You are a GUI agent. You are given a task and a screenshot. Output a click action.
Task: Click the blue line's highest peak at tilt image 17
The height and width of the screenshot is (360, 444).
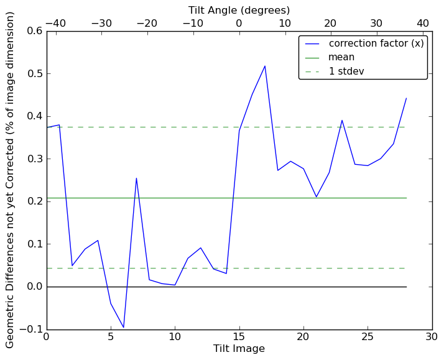(265, 66)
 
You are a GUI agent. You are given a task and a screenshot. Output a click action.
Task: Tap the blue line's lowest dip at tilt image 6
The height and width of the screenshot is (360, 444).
(124, 327)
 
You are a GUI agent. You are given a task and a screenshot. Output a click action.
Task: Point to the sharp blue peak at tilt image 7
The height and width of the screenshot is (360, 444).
(136, 178)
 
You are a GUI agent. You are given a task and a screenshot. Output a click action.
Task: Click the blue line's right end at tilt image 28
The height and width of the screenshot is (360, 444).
(406, 98)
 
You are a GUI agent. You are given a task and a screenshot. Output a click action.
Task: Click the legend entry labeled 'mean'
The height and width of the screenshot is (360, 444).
(341, 57)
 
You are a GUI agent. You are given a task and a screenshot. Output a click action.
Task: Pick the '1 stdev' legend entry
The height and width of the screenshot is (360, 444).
(346, 71)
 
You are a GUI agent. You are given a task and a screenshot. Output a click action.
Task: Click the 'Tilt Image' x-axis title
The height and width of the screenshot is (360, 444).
(239, 349)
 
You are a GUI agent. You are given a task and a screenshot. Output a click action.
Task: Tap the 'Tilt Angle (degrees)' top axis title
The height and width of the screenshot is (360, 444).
(239, 10)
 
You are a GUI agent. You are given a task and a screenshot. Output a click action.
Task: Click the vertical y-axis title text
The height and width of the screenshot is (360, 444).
(11, 179)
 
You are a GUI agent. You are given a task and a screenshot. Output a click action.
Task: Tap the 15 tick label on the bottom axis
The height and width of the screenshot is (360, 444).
(239, 337)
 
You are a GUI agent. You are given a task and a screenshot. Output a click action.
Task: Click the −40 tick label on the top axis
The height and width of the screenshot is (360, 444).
(55, 23)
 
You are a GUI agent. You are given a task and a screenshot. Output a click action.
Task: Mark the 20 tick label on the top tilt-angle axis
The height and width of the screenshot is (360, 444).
(331, 23)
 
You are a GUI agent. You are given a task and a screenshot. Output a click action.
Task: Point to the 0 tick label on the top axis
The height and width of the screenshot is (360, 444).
(239, 23)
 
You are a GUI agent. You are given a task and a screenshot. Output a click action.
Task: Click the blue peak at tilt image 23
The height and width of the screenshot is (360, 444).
(342, 120)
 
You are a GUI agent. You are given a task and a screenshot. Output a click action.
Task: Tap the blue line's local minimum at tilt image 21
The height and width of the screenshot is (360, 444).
(316, 197)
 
